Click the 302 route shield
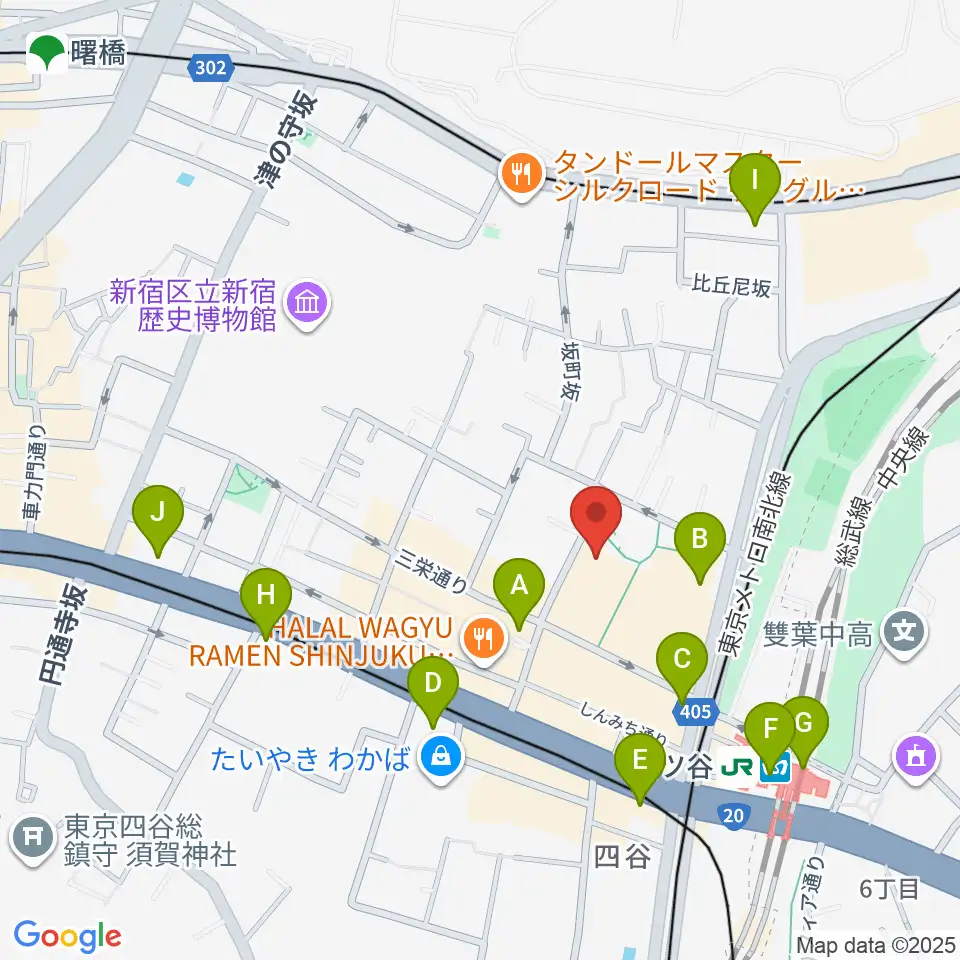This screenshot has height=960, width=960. pyautogui.click(x=210, y=68)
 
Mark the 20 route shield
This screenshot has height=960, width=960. pyautogui.click(x=733, y=817)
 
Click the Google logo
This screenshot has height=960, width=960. pyautogui.click(x=67, y=936)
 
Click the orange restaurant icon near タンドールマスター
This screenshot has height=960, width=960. pyautogui.click(x=520, y=176)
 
